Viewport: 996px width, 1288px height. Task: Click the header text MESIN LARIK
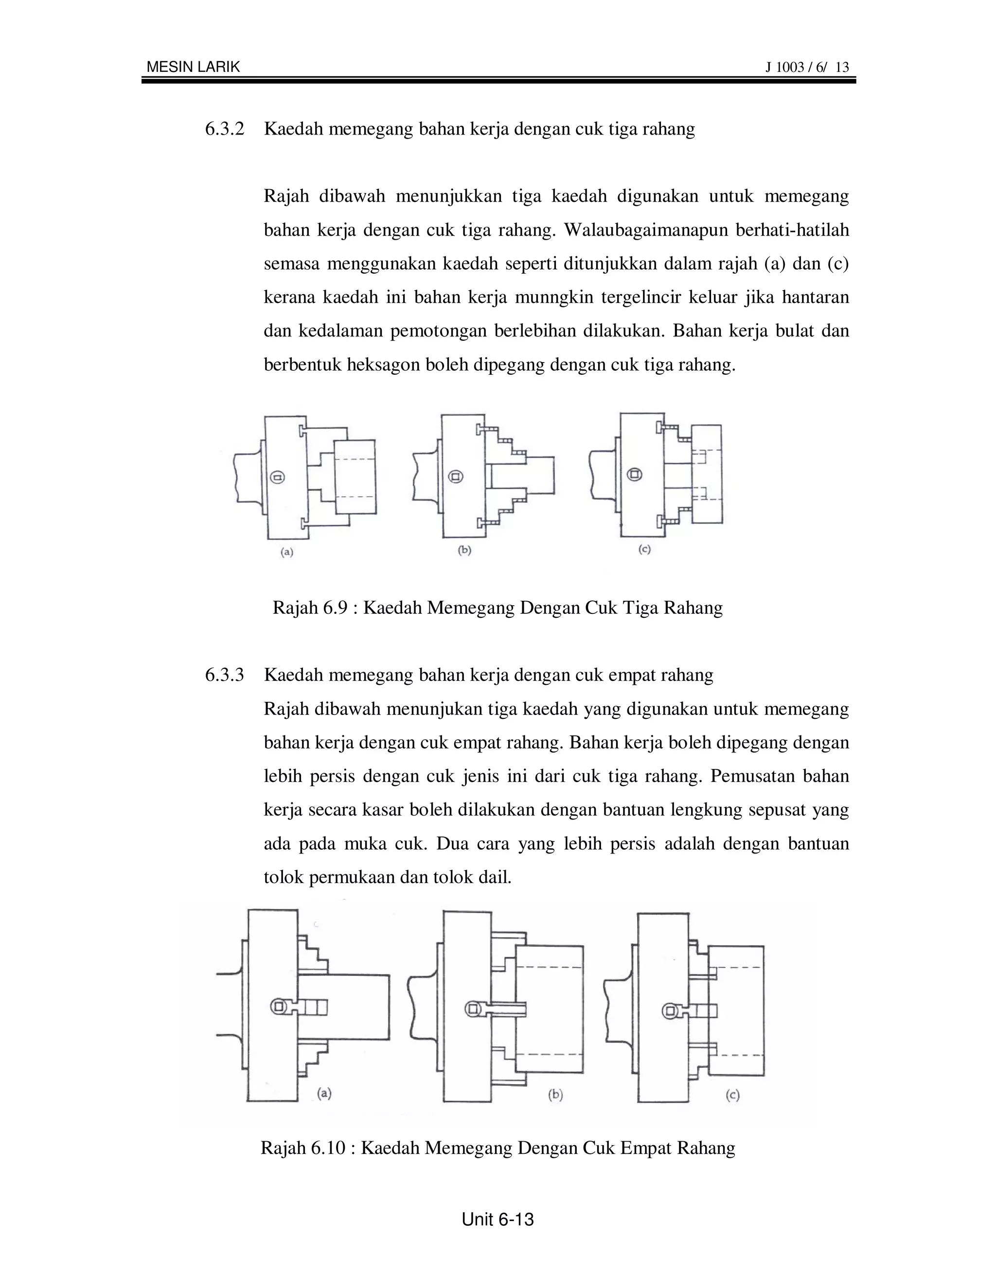(193, 67)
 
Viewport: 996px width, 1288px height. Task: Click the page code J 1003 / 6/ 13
(807, 67)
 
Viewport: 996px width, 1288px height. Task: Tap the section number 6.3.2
(224, 129)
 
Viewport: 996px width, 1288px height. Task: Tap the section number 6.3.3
(224, 675)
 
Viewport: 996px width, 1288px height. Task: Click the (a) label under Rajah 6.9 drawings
(287, 552)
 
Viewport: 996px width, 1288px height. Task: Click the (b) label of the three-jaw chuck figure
(464, 550)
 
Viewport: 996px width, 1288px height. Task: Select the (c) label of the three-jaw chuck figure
(644, 549)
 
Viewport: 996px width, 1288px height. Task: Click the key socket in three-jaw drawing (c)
(634, 473)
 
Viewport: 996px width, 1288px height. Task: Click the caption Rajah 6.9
(498, 608)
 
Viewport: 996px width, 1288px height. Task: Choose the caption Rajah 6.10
(498, 1148)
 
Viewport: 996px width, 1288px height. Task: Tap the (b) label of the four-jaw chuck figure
(555, 1095)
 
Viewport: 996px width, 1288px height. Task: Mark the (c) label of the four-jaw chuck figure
(732, 1095)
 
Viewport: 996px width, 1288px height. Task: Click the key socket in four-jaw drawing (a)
(279, 1006)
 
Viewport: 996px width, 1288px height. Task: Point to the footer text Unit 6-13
(498, 1219)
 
